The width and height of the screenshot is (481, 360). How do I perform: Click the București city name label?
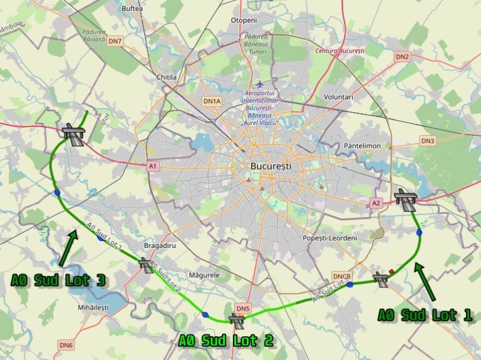(271, 167)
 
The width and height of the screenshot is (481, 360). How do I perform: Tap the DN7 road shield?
(115, 41)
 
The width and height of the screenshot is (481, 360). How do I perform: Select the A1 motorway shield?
(153, 166)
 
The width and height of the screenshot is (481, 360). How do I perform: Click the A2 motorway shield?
(376, 203)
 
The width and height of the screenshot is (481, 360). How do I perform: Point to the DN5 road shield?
(243, 308)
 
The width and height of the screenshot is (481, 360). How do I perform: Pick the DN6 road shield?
(66, 344)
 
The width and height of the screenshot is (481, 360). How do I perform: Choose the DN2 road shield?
(402, 56)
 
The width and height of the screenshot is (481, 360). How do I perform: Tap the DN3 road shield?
(428, 141)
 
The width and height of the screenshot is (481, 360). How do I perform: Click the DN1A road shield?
(212, 101)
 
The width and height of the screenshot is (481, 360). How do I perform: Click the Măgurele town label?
(204, 275)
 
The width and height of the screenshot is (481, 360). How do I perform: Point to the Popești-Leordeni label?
(329, 239)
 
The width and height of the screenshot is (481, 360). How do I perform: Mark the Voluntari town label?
(339, 97)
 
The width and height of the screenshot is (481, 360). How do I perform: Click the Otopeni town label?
(244, 20)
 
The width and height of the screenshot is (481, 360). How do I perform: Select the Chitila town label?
(167, 77)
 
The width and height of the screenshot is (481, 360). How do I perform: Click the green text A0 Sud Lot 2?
(225, 341)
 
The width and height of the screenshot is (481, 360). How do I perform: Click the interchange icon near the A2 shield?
(406, 200)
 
